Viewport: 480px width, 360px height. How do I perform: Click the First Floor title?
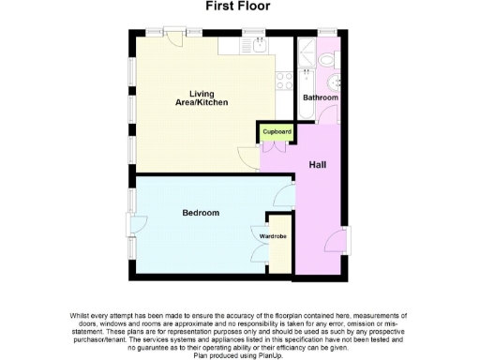click(x=238, y=7)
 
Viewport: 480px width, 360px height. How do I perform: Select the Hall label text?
click(x=319, y=164)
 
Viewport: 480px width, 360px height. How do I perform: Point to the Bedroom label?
click(x=200, y=214)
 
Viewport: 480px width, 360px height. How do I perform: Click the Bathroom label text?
click(x=321, y=97)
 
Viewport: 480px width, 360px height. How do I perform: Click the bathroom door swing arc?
click(x=328, y=114)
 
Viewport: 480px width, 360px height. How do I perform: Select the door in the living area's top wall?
click(x=172, y=37)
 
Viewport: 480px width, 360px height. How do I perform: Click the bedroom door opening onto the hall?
click(x=281, y=195)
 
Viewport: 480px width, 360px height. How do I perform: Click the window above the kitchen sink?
click(x=253, y=32)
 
